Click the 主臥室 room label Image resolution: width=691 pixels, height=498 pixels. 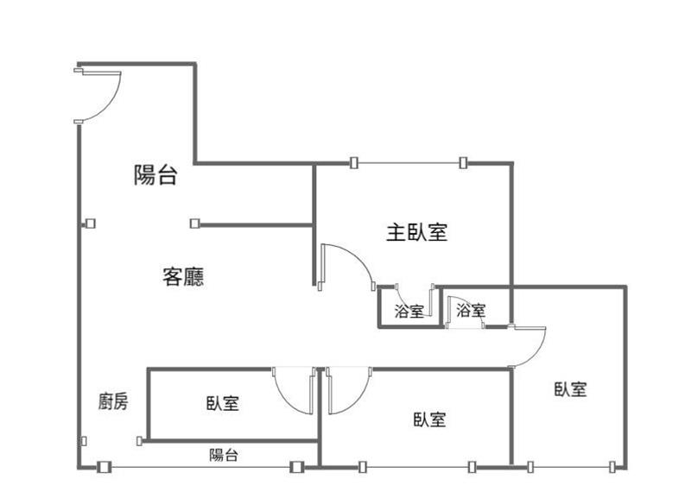[x=416, y=232]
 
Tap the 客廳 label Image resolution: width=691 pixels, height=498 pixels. [x=183, y=276]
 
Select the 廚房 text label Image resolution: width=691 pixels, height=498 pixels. [x=113, y=401]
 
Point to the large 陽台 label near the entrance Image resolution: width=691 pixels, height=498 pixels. [x=155, y=176]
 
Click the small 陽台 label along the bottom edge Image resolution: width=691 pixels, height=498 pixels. [x=224, y=455]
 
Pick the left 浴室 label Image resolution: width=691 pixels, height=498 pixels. [x=409, y=312]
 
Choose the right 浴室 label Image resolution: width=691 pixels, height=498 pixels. [x=471, y=311]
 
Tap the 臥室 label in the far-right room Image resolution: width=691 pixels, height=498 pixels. [x=571, y=389]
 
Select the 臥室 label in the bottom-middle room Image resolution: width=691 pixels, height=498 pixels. [x=429, y=419]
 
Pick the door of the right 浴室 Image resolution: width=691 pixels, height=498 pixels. [x=456, y=307]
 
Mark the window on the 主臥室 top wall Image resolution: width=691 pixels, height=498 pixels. [x=408, y=162]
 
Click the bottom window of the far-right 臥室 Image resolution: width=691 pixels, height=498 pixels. [x=571, y=467]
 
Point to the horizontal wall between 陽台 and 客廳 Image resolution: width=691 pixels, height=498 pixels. [x=255, y=224]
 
